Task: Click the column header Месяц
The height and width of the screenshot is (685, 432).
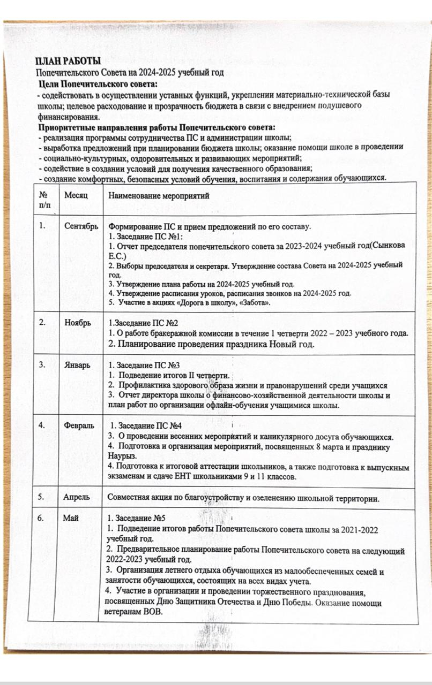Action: (76, 196)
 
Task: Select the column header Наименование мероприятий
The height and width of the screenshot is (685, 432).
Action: (159, 196)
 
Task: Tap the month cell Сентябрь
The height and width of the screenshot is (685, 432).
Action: (81, 226)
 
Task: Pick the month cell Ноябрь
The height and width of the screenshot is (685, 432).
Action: (77, 323)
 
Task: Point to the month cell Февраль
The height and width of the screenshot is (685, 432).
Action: (79, 425)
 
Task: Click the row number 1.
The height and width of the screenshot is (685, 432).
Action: (41, 226)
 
